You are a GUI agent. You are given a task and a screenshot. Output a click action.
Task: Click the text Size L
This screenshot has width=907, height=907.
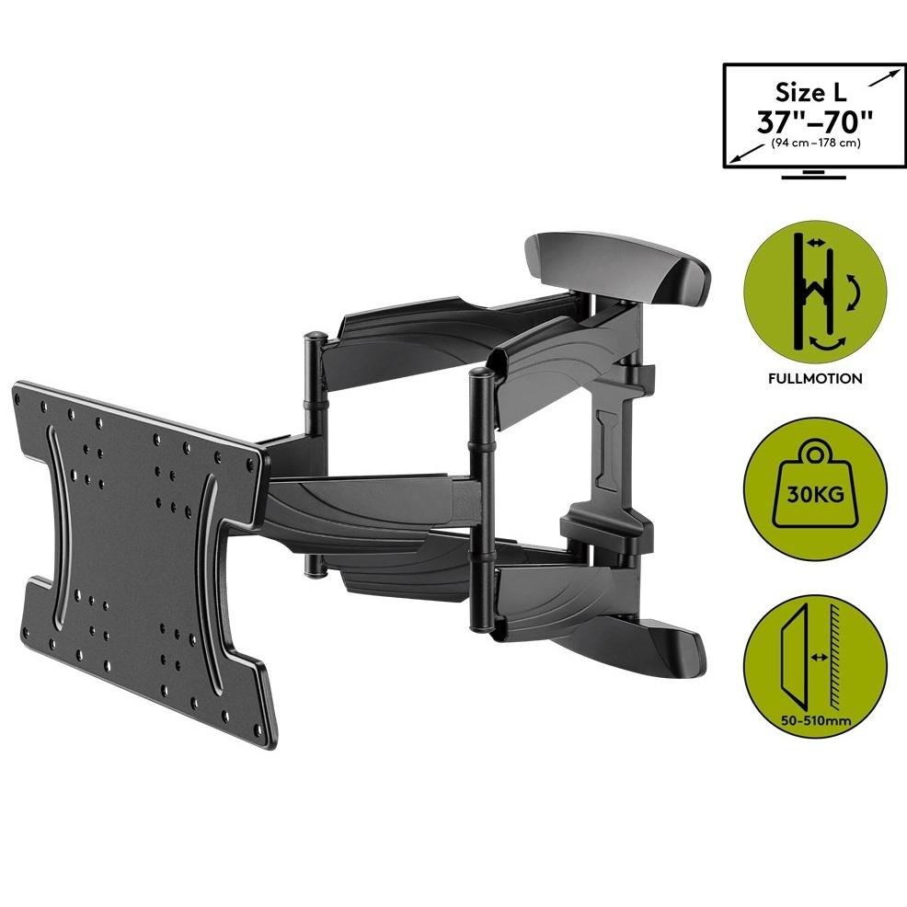coord(810,93)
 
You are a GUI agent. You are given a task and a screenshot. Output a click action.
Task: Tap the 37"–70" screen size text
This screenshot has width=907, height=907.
coord(814,122)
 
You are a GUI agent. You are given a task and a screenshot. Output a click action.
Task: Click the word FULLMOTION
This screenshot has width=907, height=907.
coord(814,379)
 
